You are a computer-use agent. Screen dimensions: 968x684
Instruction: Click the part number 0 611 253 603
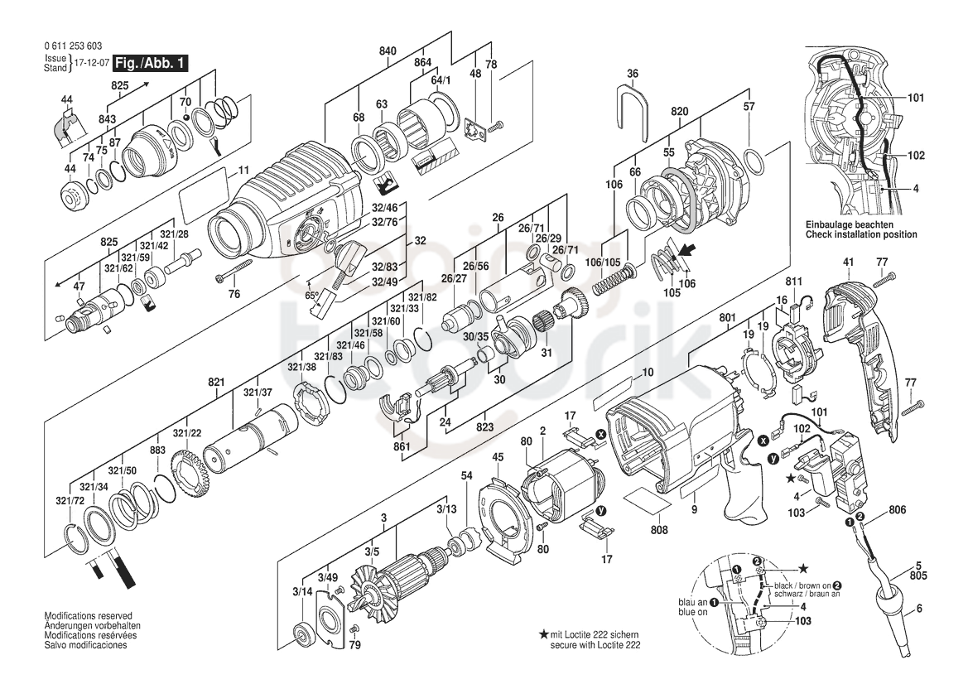[73, 46]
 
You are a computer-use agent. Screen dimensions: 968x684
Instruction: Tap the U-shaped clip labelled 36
[633, 113]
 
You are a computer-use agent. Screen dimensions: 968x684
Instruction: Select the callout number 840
[388, 51]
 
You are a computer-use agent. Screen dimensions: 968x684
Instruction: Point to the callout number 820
[680, 111]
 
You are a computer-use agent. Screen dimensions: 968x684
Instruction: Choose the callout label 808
[659, 530]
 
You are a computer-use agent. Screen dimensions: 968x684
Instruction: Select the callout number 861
[402, 447]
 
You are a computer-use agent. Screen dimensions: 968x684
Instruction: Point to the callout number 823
[484, 426]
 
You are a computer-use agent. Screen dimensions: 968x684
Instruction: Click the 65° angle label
[312, 296]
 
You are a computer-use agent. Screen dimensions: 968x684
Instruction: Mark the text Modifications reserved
[88, 616]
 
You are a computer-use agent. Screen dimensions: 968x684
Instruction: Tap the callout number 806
[897, 510]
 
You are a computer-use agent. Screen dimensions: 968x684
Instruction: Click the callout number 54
[467, 476]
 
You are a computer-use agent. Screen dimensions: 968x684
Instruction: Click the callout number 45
[498, 457]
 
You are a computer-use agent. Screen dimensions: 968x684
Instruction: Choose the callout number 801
[728, 319]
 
